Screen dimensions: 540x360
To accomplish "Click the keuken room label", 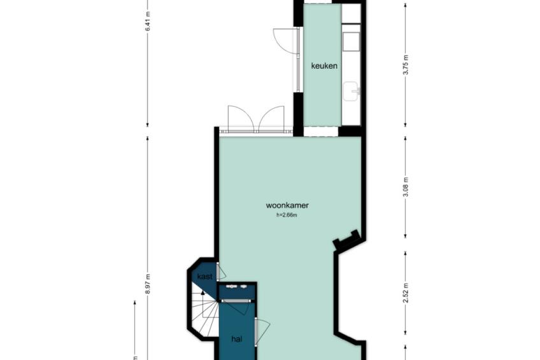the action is tap(324, 66).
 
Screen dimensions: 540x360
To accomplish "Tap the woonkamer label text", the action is tap(287, 205).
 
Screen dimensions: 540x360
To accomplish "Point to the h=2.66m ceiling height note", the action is tap(287, 215).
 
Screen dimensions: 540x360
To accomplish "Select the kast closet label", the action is tap(205, 277).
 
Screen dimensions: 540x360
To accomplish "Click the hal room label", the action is tap(237, 339).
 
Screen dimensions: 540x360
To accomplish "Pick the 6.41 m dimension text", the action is tap(148, 22).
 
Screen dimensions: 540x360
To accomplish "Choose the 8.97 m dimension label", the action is tap(148, 284).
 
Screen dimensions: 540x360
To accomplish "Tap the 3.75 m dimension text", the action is tap(406, 65).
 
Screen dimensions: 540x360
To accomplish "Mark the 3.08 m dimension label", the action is tap(406, 187).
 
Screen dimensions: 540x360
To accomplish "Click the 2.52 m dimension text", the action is tap(406, 293).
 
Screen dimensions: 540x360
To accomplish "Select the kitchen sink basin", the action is tap(351, 91).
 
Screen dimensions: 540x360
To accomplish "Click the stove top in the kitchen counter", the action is tap(351, 42).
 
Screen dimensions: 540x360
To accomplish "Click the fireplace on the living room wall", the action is tap(347, 240).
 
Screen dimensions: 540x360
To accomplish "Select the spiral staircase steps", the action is tap(204, 315).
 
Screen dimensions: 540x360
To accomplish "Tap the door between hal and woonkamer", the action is tap(261, 331).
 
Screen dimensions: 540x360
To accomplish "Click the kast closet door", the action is tap(220, 271).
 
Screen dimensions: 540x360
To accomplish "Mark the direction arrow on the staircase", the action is tap(203, 293).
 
